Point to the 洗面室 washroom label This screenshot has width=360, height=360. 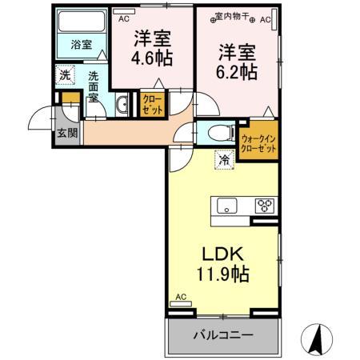[x=94, y=87]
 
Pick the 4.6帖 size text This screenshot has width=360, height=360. [x=152, y=58]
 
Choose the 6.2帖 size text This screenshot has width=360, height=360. [x=237, y=70]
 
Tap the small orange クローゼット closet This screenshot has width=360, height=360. [x=152, y=105]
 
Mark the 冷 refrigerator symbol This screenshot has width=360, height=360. [x=224, y=159]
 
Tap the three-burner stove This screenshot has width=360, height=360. [x=263, y=206]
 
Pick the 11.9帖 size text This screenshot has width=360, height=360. [x=222, y=274]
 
